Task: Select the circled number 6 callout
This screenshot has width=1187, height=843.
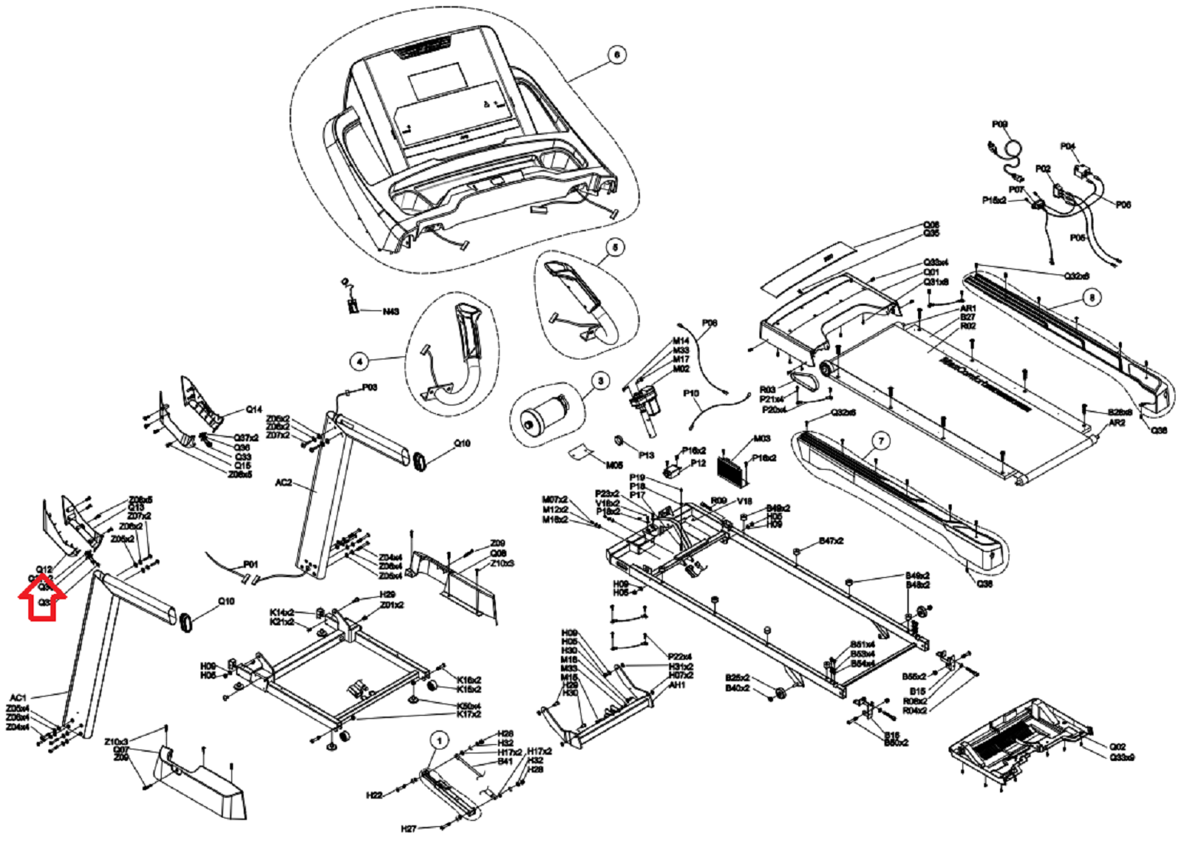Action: point(616,54)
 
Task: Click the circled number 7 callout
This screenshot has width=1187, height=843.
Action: point(881,441)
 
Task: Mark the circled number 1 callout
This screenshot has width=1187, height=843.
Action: point(439,740)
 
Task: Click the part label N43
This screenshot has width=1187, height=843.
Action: point(391,312)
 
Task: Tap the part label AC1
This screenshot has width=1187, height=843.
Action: point(18,698)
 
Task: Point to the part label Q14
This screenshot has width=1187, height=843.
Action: point(254,409)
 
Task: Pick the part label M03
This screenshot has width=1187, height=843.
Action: point(762,439)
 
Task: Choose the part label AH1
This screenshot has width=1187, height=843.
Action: point(677,686)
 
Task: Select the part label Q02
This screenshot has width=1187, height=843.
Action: point(1118,746)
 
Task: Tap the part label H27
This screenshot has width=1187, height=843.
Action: point(408,828)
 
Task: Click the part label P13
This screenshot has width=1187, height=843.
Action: point(646,455)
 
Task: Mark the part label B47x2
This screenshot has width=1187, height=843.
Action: point(831,541)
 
